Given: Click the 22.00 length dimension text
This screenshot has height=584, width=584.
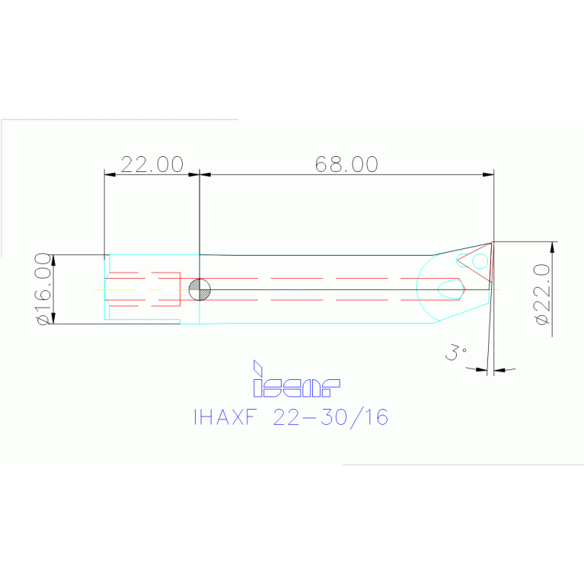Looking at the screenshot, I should click(x=152, y=164).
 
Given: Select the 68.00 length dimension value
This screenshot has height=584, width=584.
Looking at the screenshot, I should click(x=346, y=164).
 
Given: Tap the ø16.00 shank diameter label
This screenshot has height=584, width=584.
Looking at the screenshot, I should click(x=43, y=289).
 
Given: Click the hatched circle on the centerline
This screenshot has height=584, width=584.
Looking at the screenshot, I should click(x=199, y=289).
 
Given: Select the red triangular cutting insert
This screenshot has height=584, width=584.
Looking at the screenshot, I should click(x=474, y=257).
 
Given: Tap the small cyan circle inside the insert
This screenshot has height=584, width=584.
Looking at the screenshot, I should click(x=480, y=262).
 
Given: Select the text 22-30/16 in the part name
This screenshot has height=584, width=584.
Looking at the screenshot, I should click(x=330, y=417).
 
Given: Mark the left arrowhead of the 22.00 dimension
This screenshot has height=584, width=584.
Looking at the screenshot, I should click(x=110, y=174).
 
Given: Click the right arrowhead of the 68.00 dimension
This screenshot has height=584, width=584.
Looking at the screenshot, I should click(x=488, y=174).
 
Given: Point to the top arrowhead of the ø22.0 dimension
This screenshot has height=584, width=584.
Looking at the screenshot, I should click(x=551, y=247).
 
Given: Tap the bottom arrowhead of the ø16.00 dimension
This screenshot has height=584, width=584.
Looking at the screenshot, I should click(x=53, y=318).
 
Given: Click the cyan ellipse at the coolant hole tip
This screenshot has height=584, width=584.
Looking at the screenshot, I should click(x=449, y=287).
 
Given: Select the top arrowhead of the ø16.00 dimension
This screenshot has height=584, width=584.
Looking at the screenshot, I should click(x=53, y=260).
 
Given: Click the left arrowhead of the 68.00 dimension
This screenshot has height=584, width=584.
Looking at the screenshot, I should click(x=205, y=174).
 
